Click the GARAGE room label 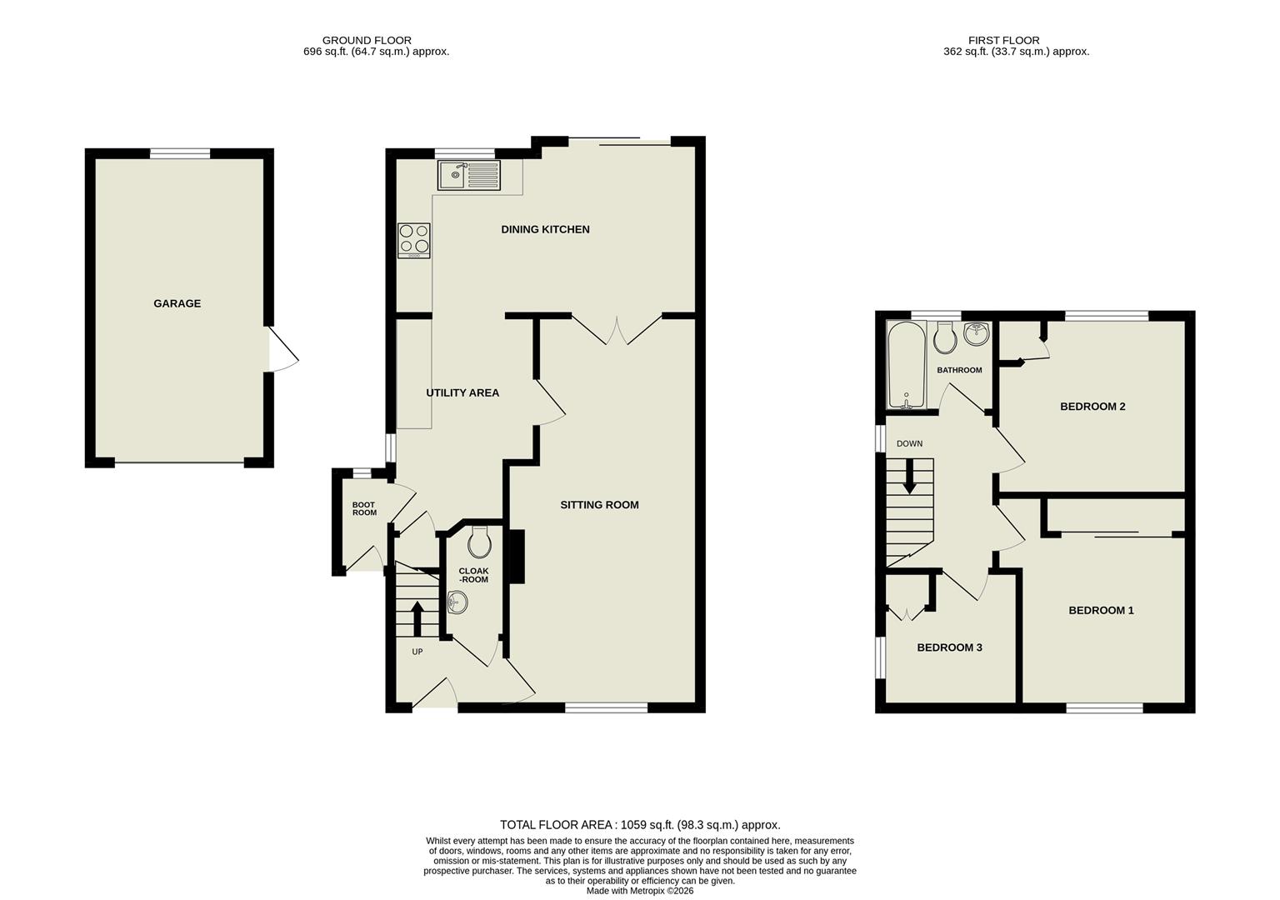pos(177,303)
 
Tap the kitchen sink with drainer pos(468,175)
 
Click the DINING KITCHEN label pos(545,229)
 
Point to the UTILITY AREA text pos(462,392)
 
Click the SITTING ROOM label pos(599,504)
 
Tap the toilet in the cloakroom pos(479,543)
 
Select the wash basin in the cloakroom pos(457,602)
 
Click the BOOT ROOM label pos(364,508)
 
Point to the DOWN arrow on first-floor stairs pos(909,477)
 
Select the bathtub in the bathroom pos(906,366)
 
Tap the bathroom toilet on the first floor pos(945,337)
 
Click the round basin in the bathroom pos(976,334)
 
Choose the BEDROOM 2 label pos(1092,407)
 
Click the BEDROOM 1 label pos(1101,610)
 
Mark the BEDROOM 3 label pos(949,647)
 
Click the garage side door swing pos(282,350)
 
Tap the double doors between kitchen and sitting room pos(617,331)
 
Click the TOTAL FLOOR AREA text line pos(639,825)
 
